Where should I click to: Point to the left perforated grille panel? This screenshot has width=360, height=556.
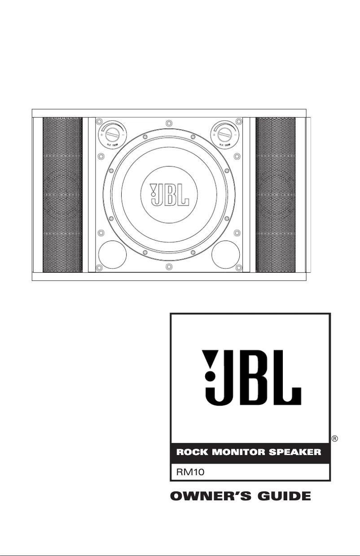coord(63,195)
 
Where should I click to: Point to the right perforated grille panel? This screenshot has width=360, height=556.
coord(275,195)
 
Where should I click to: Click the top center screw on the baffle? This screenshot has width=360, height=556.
coord(167,123)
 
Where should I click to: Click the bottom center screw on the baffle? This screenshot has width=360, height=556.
coord(167,267)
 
